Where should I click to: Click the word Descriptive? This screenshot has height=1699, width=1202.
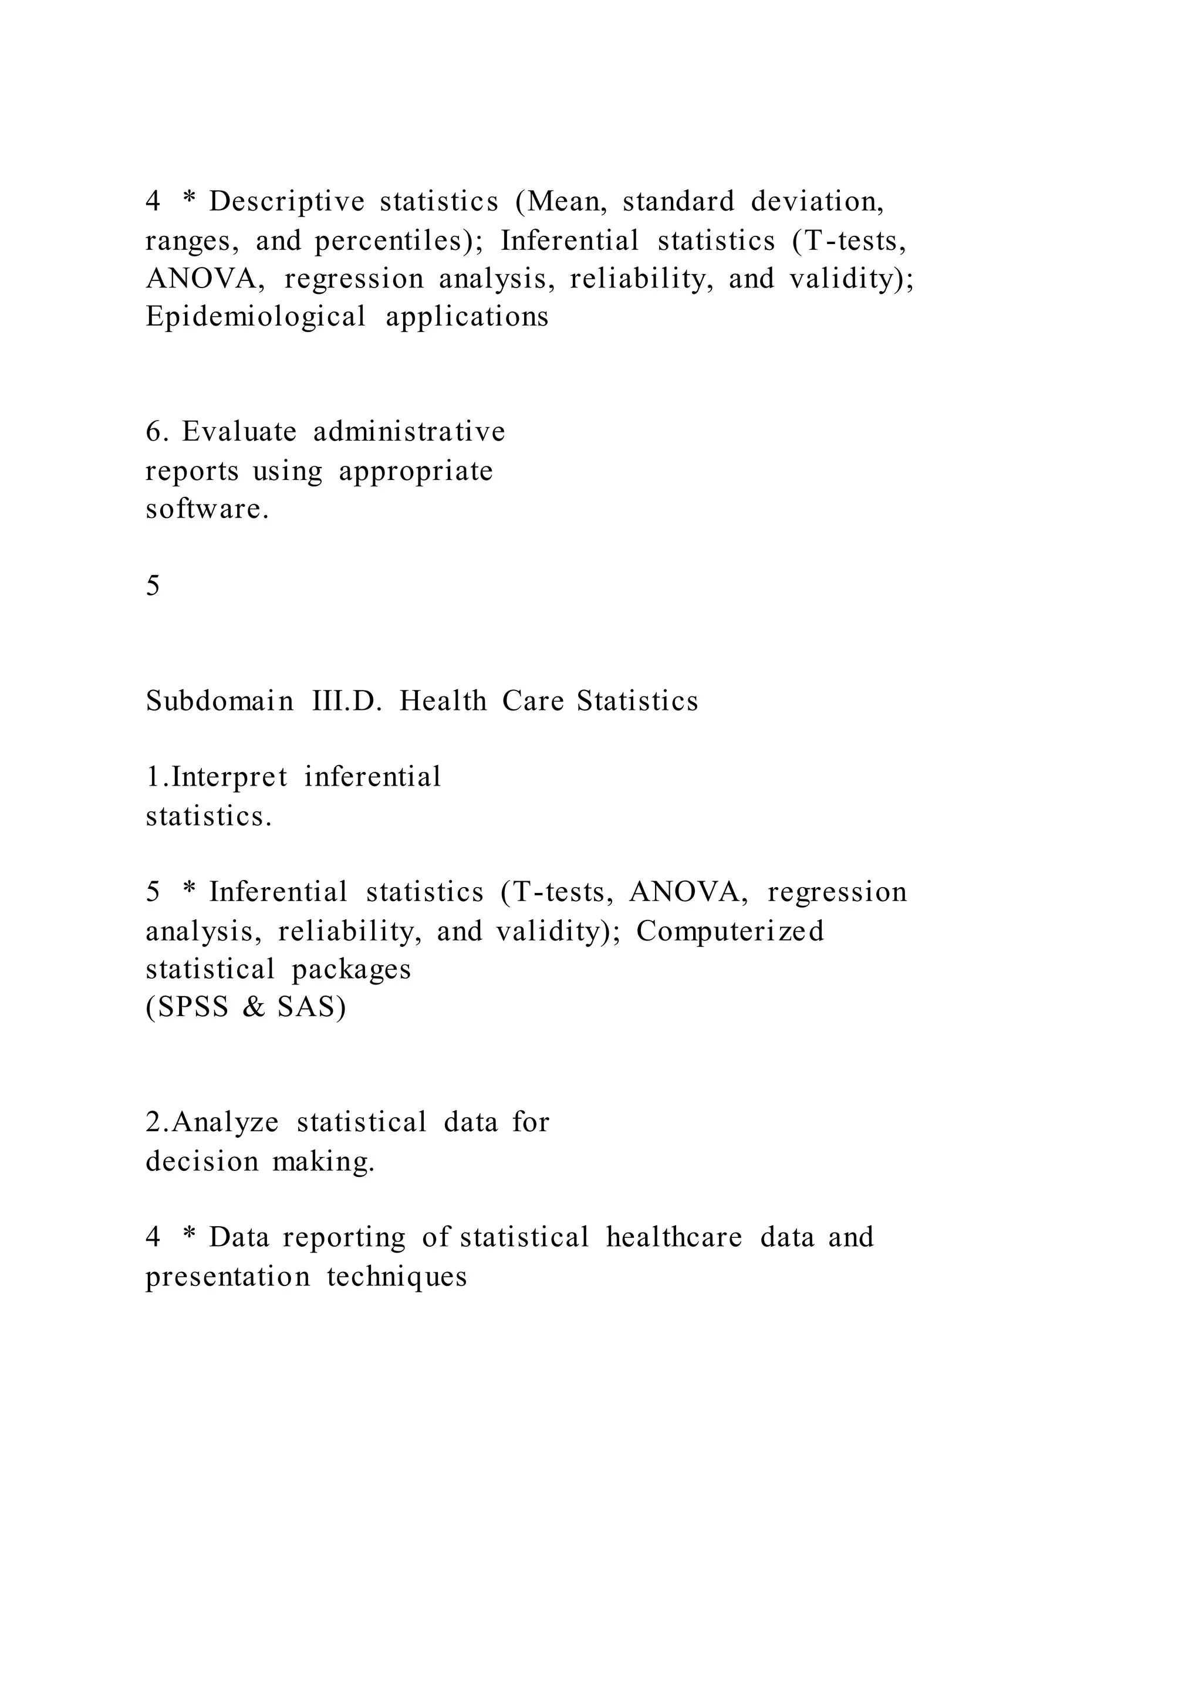click(x=286, y=202)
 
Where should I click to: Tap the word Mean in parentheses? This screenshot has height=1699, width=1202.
click(x=564, y=202)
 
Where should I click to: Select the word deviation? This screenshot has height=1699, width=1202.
click(x=816, y=202)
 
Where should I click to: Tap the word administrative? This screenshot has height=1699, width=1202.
click(x=409, y=431)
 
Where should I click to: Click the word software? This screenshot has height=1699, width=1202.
click(x=207, y=509)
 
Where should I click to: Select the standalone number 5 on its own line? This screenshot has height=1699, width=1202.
click(x=153, y=586)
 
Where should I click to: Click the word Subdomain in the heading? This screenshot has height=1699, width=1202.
click(x=219, y=700)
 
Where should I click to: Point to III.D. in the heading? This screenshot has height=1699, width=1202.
click(x=347, y=700)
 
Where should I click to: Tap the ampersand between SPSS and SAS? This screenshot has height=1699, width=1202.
click(x=253, y=1008)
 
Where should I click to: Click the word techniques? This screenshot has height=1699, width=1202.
click(x=397, y=1277)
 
